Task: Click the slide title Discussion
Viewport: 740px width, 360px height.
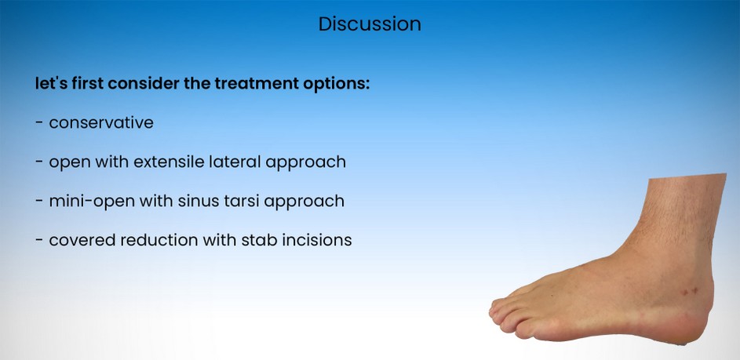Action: click(x=370, y=24)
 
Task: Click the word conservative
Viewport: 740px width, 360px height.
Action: click(x=101, y=123)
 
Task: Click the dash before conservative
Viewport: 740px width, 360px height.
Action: click(x=39, y=123)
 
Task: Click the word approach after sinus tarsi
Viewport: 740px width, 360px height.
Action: click(x=304, y=202)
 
